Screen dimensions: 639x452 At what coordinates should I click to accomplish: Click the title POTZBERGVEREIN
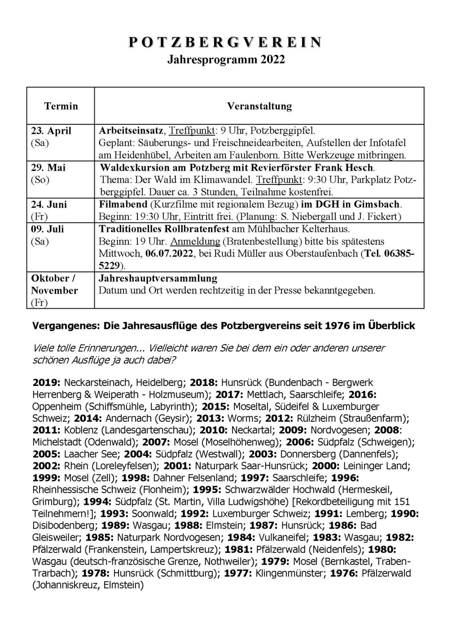226,43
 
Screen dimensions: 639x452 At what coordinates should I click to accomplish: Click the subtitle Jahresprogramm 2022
226,60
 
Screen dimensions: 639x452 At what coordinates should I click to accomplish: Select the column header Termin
61,106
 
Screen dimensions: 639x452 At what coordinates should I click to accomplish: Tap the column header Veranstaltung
259,106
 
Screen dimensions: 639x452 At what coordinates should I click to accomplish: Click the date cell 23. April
51,131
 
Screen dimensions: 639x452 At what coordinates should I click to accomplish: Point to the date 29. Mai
48,168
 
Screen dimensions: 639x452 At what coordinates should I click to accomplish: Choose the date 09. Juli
48,229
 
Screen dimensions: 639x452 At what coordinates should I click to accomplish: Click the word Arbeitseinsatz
132,131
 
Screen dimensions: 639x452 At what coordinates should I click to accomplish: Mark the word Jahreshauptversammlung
158,278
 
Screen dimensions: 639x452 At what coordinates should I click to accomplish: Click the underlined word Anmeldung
195,241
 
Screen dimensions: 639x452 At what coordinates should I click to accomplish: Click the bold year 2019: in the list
47,383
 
